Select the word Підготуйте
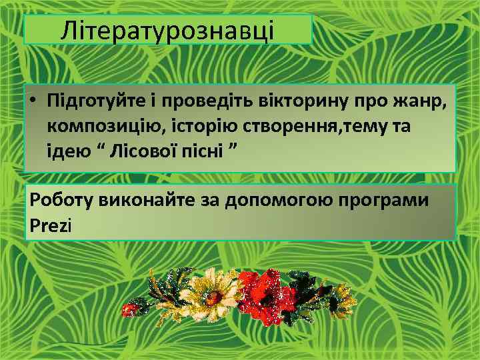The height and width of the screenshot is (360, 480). (x=92, y=101)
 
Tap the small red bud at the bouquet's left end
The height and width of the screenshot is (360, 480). (x=131, y=308)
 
